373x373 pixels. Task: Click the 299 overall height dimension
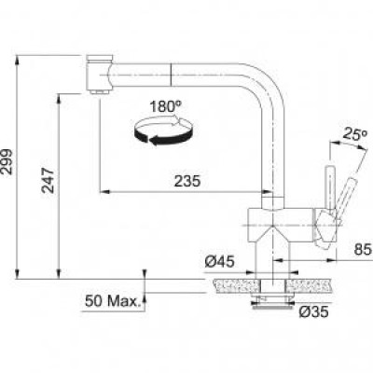point(7,162)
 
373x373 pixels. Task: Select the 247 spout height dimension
point(48,180)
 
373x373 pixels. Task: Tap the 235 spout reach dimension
point(187,181)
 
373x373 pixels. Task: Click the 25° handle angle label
point(355,133)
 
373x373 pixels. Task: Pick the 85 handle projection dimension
point(363,249)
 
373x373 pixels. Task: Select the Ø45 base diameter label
point(219,262)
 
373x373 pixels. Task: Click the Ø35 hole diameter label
point(313,311)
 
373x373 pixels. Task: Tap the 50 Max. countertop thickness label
point(112,301)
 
